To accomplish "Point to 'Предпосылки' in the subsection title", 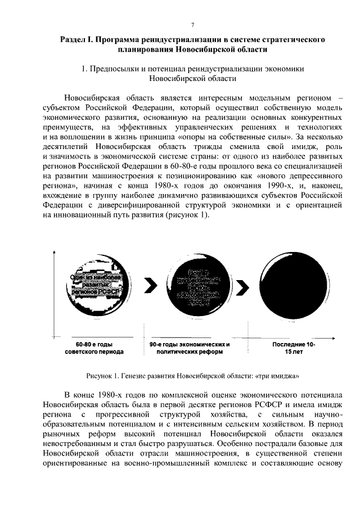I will coord(110,68).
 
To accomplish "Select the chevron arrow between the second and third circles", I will coord(242,287).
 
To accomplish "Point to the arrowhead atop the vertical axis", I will coord(54,251).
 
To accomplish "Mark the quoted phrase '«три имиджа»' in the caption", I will coord(275,375).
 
